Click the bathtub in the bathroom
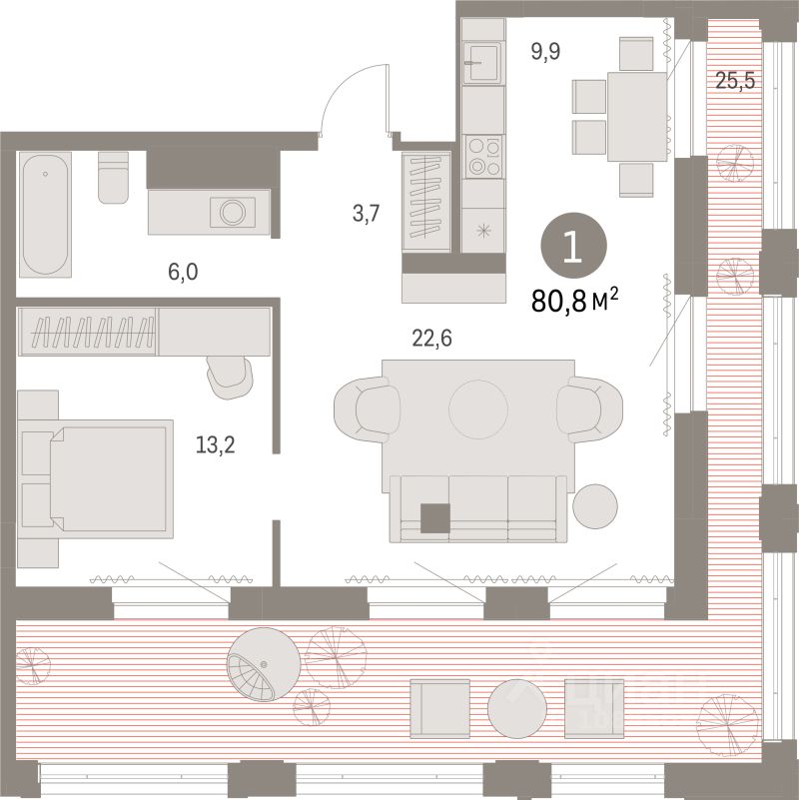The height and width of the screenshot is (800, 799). coord(46,215)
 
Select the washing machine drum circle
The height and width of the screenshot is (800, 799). coord(232,212)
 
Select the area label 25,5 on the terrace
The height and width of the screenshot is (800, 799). coord(734,81)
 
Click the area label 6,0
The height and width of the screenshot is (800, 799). coord(180,271)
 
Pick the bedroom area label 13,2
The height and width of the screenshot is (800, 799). coord(216,441)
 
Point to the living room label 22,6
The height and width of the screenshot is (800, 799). coord(432,339)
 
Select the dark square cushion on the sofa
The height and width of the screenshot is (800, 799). coord(435,518)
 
